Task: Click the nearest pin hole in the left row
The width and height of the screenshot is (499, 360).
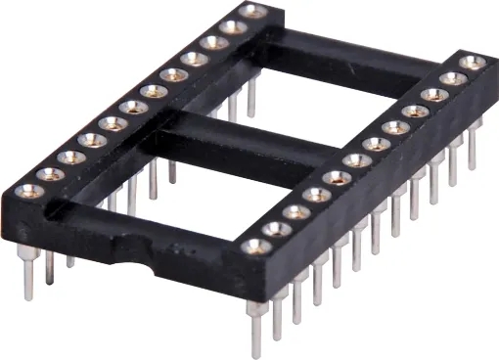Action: pyautogui.click(x=26, y=189)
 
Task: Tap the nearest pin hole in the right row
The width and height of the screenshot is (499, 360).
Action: pyautogui.click(x=254, y=246)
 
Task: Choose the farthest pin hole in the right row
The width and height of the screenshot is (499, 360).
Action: pyautogui.click(x=472, y=64)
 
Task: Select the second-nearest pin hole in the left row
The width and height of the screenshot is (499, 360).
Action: pyautogui.click(x=48, y=172)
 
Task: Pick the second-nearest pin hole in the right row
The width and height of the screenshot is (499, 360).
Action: pyautogui.click(x=276, y=229)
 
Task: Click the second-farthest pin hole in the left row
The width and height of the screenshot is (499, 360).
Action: pyautogui.click(x=233, y=26)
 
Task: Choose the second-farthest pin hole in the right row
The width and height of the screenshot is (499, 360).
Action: pyautogui.click(x=453, y=78)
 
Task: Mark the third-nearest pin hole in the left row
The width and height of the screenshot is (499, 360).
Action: pyautogui.click(x=69, y=156)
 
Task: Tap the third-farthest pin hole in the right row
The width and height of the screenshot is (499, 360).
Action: pyautogui.click(x=433, y=94)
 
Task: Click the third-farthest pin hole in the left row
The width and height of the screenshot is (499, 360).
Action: pyautogui.click(x=213, y=42)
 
